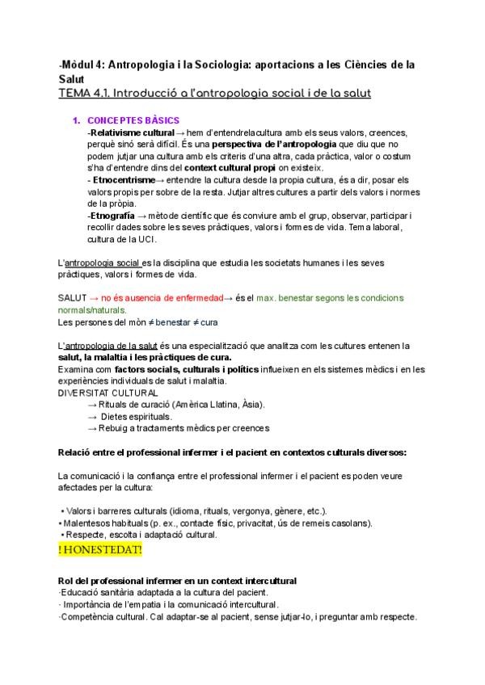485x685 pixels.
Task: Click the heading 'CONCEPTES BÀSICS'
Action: click(x=133, y=120)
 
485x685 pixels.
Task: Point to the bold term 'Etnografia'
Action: click(x=114, y=216)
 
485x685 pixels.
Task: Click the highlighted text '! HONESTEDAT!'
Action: click(x=100, y=549)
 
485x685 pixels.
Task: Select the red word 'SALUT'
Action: click(x=73, y=298)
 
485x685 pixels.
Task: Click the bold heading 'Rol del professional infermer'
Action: click(x=122, y=581)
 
